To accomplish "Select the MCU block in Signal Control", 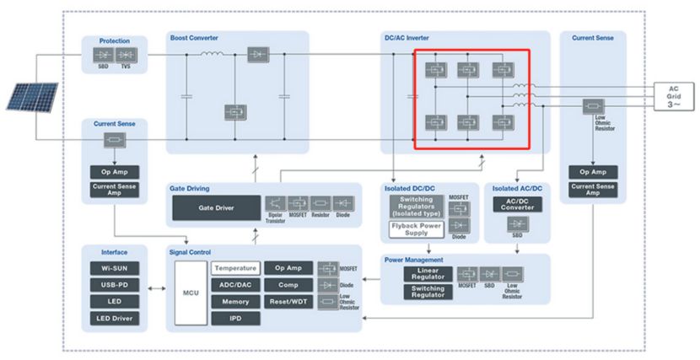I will [191, 293].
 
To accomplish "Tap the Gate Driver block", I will [215, 207].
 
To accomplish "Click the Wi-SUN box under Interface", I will [114, 268].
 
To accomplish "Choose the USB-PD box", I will [114, 285].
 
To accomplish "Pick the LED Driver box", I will [114, 319].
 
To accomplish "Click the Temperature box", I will [234, 268].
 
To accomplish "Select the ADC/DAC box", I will [234, 285].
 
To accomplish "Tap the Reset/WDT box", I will [287, 301].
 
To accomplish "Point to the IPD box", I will [234, 319].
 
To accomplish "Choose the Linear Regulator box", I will [427, 273].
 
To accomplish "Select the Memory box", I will [234, 301].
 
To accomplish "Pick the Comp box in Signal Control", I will [287, 285].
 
